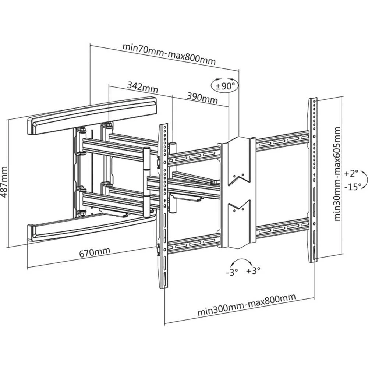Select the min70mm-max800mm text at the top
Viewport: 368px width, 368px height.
169,54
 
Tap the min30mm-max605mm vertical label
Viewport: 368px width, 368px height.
337,174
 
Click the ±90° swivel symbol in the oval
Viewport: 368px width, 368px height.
225,86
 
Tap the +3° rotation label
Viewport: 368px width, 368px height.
254,271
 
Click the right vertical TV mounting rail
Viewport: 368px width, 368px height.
313,180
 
